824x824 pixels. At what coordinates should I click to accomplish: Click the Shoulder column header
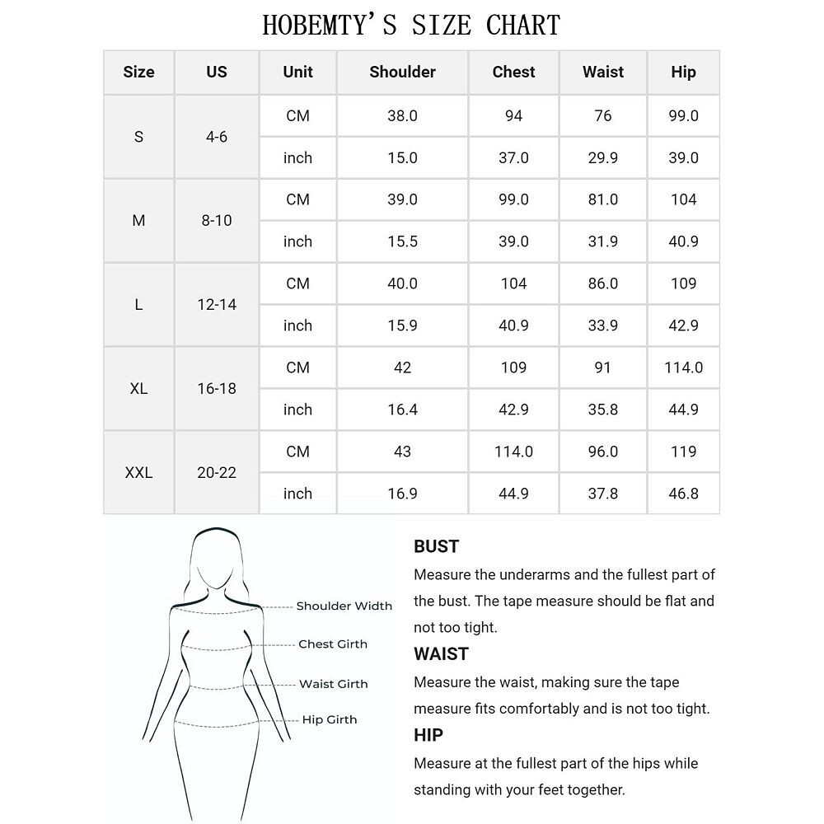click(x=402, y=72)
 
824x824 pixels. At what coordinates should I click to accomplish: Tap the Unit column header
click(x=297, y=72)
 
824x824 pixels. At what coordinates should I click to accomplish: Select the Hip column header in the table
click(x=683, y=72)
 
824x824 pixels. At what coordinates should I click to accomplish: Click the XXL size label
click(x=138, y=472)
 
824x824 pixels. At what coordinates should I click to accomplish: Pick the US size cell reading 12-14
click(x=217, y=304)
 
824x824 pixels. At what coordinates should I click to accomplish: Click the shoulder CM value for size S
click(x=402, y=115)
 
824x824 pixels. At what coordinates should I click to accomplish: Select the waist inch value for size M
click(x=602, y=241)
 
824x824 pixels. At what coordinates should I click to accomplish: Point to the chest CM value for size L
click(x=513, y=283)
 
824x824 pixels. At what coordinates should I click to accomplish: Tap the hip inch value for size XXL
click(x=683, y=494)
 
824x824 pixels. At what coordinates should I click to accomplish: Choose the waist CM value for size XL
click(x=602, y=368)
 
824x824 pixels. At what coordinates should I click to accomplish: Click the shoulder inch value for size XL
click(x=402, y=410)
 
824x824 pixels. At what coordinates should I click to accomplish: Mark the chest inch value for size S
click(x=513, y=157)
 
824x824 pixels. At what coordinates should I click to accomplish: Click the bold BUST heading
click(x=436, y=546)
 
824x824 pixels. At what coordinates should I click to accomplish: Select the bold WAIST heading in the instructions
click(x=441, y=654)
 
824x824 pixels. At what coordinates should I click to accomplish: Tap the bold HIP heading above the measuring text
click(x=428, y=735)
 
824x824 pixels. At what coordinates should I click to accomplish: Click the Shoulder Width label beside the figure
click(x=344, y=606)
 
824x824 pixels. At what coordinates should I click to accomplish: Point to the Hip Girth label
click(x=329, y=719)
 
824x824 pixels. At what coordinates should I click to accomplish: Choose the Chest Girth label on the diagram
click(x=332, y=644)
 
